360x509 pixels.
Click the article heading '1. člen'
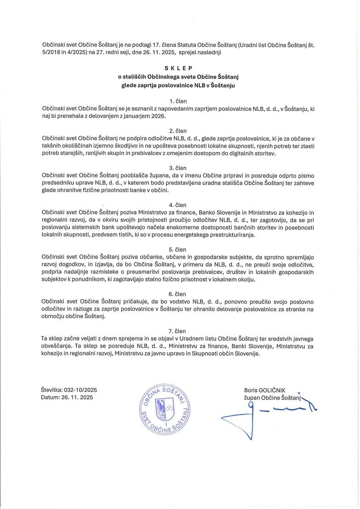point(180,100)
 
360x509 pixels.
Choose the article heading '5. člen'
point(180,249)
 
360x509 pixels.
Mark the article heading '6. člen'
point(180,293)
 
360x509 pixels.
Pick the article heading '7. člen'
point(180,329)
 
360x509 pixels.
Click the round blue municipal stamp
point(164,402)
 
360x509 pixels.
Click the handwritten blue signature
point(269,413)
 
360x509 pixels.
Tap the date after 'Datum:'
point(78,398)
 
